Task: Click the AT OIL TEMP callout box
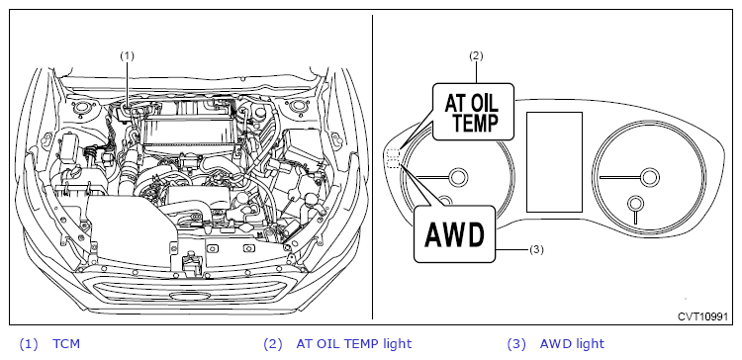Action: (473, 112)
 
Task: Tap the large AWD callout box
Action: (455, 233)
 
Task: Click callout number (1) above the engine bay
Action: (127, 55)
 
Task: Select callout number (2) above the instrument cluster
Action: (476, 55)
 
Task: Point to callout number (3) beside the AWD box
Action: (536, 249)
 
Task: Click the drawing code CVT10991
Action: (702, 316)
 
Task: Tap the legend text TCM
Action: (66, 343)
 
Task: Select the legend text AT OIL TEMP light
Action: (354, 343)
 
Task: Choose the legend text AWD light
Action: (572, 343)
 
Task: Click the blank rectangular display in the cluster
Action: (554, 162)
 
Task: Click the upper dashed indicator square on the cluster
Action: (394, 153)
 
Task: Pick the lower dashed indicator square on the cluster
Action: (394, 163)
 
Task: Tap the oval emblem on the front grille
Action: (187, 296)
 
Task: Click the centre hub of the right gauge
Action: (649, 176)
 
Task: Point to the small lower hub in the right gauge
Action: (635, 204)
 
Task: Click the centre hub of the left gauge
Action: (458, 177)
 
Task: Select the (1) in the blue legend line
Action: (28, 344)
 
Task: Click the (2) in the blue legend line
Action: (272, 344)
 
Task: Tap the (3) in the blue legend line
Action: (516, 344)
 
